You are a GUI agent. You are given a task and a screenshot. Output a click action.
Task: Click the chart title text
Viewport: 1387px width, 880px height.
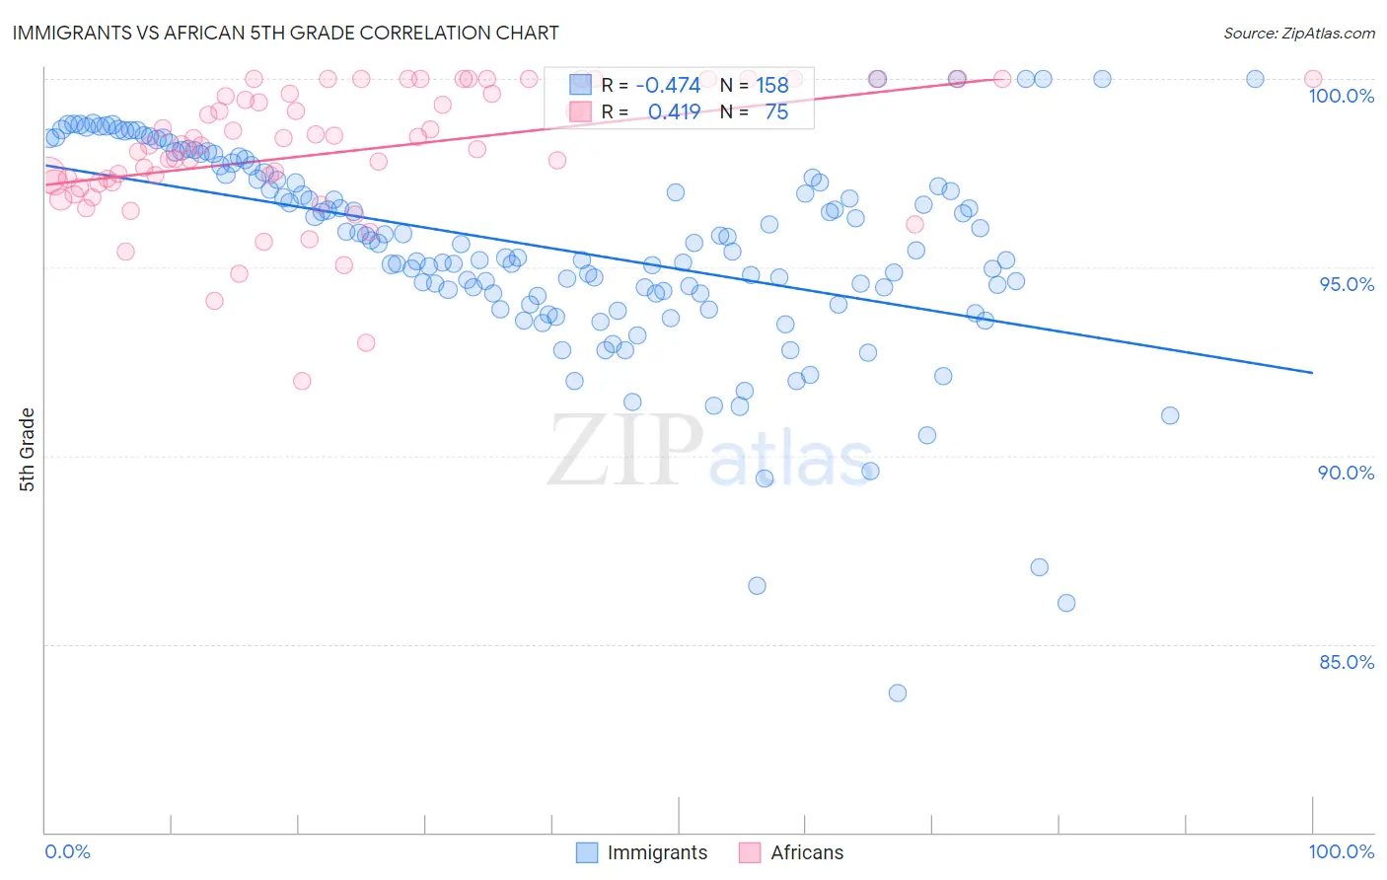(286, 33)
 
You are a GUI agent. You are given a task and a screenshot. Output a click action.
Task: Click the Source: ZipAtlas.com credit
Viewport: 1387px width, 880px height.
(1298, 34)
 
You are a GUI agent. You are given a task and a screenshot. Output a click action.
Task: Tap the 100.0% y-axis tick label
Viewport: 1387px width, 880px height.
(1341, 96)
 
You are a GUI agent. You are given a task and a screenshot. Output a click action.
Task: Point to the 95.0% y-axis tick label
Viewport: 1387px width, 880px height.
(1347, 284)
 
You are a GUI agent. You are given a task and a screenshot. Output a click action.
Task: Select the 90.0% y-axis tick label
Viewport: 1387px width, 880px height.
(1346, 473)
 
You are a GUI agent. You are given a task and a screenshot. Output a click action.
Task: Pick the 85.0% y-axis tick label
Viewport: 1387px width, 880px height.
(1347, 662)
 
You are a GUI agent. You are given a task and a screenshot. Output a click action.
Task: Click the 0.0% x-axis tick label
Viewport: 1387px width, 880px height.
(67, 851)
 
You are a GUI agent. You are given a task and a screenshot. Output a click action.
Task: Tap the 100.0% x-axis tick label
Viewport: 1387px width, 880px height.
(1341, 851)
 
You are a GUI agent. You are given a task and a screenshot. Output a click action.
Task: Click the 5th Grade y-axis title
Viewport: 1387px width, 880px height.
(27, 450)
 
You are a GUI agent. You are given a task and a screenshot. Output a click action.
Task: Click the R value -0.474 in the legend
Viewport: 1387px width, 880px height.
(668, 86)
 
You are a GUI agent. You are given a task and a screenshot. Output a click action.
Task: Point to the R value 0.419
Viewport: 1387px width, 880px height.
(674, 111)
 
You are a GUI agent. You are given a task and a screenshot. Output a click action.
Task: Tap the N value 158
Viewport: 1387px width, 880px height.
(772, 86)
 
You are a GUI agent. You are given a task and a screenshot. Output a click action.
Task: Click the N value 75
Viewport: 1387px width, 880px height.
(776, 111)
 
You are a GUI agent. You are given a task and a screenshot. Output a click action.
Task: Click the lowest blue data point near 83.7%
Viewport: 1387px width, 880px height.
(897, 693)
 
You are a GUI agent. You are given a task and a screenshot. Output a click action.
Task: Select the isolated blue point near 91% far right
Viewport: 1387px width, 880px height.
(1170, 415)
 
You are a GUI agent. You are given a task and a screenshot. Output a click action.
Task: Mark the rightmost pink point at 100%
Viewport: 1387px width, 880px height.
(1313, 79)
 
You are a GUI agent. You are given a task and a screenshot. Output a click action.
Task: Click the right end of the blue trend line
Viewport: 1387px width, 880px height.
(1312, 372)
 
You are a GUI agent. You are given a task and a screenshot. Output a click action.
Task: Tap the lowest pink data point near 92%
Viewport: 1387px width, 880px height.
(302, 381)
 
